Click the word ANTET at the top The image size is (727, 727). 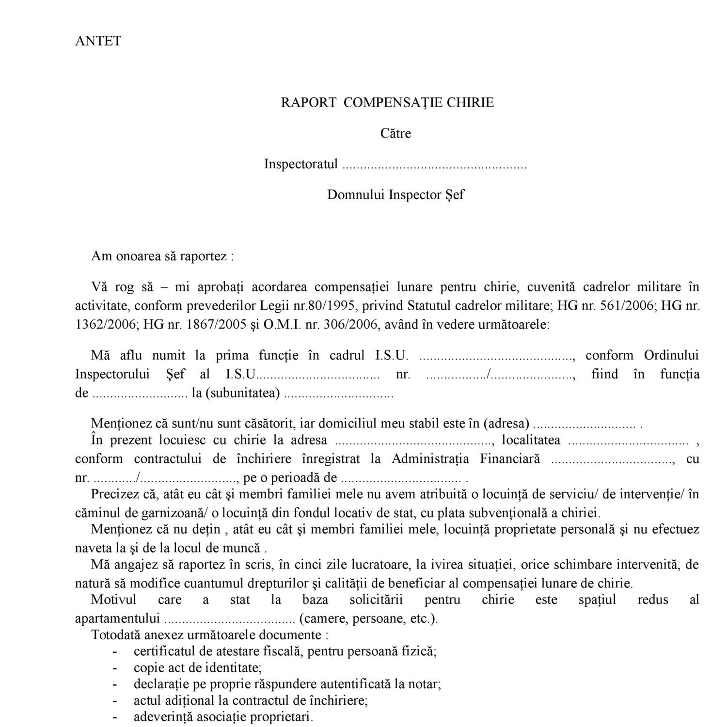[98, 41]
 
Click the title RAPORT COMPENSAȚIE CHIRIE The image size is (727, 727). [387, 102]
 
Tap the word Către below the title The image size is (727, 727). [395, 133]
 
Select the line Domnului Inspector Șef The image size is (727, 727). [395, 195]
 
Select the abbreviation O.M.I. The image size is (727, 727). [282, 325]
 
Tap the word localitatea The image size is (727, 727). [531, 440]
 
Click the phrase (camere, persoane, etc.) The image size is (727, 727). [368, 619]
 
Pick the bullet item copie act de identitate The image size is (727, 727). [198, 668]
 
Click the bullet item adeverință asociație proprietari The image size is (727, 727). [223, 717]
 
